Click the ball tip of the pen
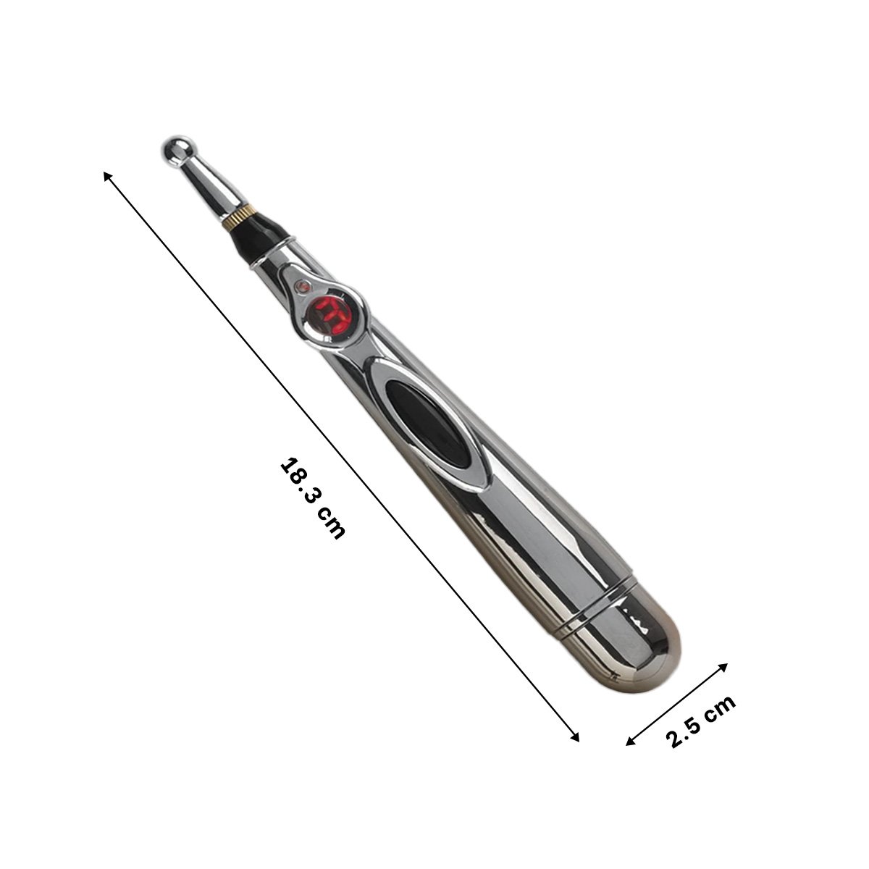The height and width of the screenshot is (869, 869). pos(175,149)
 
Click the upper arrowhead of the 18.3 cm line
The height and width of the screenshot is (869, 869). pos(109,177)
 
